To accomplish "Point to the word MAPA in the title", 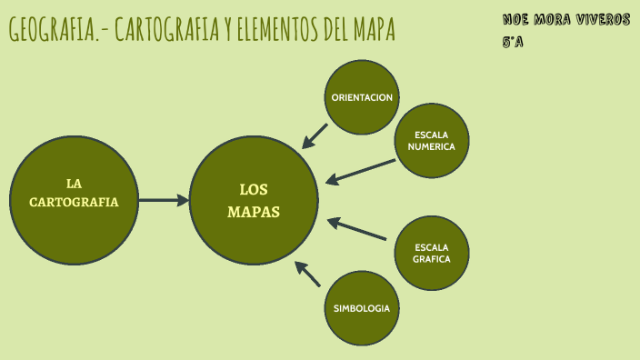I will tap(371, 30).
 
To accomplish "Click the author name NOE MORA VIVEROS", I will tap(565, 19).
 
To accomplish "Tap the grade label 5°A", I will tap(513, 42).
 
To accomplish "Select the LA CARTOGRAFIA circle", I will tap(74, 200).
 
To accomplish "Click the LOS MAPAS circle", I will tap(254, 200).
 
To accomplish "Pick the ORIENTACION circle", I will tap(362, 96).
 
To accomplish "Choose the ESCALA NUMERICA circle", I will tap(431, 140).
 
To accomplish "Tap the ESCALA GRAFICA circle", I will tap(431, 253).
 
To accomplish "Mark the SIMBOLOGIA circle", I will tap(362, 308).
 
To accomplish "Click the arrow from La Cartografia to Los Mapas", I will tap(164, 200).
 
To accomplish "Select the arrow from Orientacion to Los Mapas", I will tap(315, 135).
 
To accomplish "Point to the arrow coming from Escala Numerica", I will tap(360, 171).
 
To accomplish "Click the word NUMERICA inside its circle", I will tap(431, 146).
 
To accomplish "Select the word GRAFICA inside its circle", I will tap(431, 259).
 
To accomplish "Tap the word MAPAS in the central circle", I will tap(254, 211).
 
